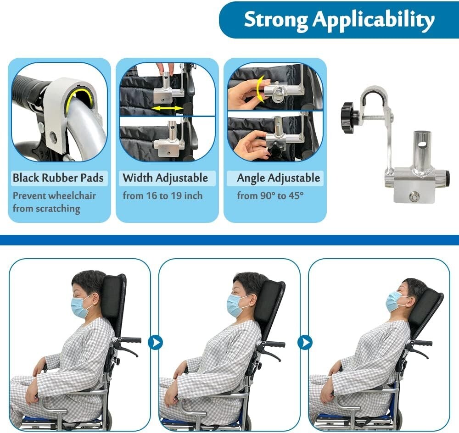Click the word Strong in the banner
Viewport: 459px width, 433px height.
pos(276,19)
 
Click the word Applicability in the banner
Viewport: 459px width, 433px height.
pos(374,21)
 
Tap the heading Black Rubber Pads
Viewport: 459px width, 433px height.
pos(58,178)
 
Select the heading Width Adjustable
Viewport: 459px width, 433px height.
pos(165,178)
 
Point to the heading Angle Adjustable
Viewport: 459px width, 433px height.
pos(279,178)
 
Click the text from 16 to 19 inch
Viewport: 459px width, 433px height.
pos(162,195)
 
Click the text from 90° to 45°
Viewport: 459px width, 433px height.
pos(270,195)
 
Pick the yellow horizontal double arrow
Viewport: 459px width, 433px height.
pos(168,109)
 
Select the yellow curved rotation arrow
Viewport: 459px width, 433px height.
pos(259,89)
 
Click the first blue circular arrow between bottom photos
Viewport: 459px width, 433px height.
pos(155,342)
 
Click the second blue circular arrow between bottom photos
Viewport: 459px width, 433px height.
pos(305,342)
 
